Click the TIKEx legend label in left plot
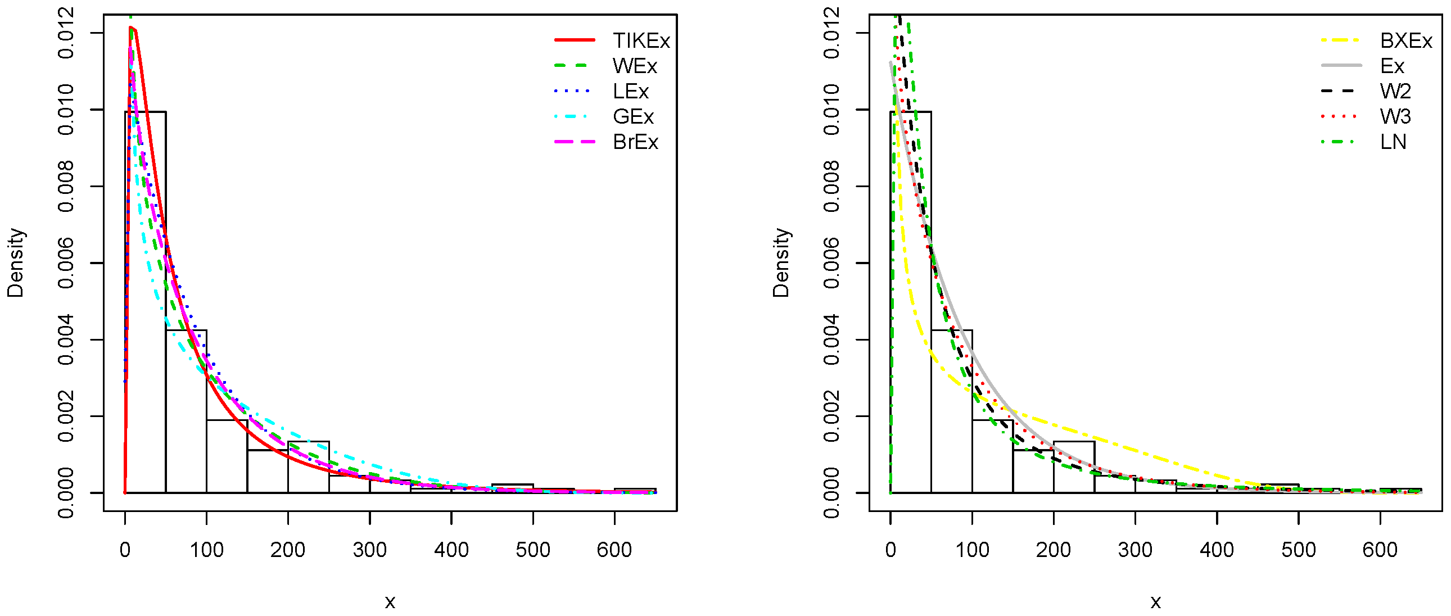click(641, 40)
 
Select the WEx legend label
click(635, 66)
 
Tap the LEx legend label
click(631, 91)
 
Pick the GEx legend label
click(633, 116)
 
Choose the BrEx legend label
click(635, 142)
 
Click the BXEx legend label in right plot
click(1406, 40)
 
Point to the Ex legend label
click(1392, 66)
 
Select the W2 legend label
click(1395, 91)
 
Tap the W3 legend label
click(1395, 116)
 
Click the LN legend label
click(1393, 142)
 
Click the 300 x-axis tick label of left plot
click(369, 549)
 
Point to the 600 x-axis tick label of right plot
click(1380, 549)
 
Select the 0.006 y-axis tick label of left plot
click(66, 263)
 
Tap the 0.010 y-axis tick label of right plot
click(831, 110)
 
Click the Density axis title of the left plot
click(15, 263)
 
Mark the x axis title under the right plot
click(1155, 602)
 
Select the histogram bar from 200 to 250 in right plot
click(1074, 468)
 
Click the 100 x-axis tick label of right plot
click(972, 549)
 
